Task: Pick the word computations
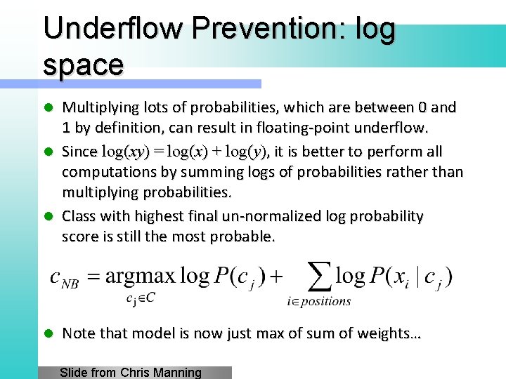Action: tap(110, 173)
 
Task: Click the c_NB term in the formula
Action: tap(63, 278)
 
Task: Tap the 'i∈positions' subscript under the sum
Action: tap(319, 302)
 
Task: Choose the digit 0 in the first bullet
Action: tap(422, 108)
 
